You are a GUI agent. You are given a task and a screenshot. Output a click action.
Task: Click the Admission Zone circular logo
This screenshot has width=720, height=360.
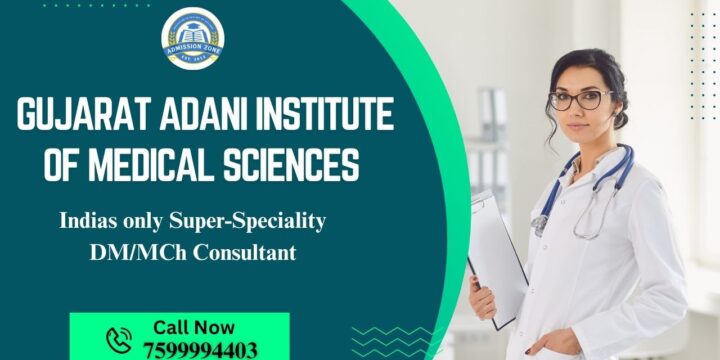(x=193, y=39)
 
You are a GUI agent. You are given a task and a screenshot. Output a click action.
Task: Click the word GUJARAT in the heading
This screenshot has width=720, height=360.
(x=75, y=116)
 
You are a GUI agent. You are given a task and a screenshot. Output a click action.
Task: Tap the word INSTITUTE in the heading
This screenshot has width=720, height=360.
(x=330, y=116)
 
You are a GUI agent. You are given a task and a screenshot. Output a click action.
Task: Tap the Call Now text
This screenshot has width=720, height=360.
(x=194, y=327)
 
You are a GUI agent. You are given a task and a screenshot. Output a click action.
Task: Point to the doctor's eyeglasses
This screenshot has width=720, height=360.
(x=579, y=100)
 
